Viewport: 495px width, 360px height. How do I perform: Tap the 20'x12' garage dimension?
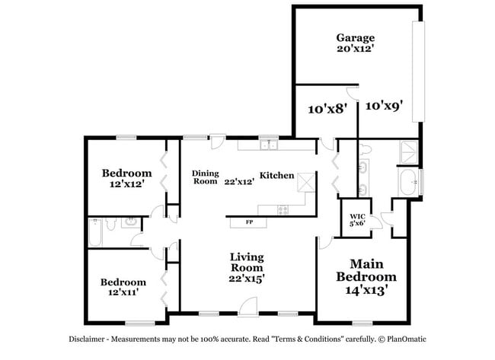pyautogui.click(x=356, y=48)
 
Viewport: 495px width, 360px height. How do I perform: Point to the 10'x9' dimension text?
pyautogui.click(x=384, y=106)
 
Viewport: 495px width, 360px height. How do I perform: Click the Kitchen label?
pyautogui.click(x=276, y=176)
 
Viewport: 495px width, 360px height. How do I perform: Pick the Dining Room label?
pyautogui.click(x=205, y=177)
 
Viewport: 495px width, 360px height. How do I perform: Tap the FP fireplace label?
pyautogui.click(x=248, y=222)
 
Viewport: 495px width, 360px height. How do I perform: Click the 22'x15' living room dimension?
pyautogui.click(x=247, y=279)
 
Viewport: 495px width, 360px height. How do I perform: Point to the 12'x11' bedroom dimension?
pyautogui.click(x=123, y=293)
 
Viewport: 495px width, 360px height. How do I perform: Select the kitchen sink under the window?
pyautogui.click(x=267, y=144)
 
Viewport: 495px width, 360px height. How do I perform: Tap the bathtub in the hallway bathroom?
pyautogui.click(x=95, y=233)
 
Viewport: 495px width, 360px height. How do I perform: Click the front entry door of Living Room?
pyautogui.click(x=247, y=307)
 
